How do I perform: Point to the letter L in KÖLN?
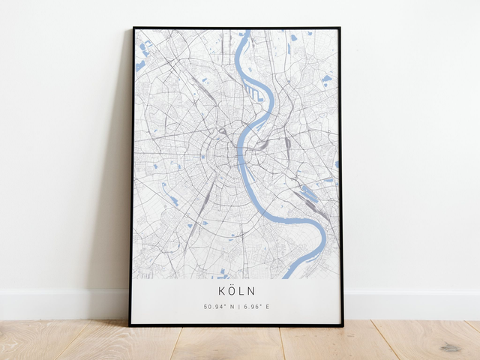coord(243,290)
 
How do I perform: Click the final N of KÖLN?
coord(252,290)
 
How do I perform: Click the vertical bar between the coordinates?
coord(238,307)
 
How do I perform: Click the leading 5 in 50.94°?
coord(205,307)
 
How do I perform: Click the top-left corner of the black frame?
coord(133,28)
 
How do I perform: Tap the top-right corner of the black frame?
coord(340,28)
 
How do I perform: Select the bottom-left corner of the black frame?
coord(130,325)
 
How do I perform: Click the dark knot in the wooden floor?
coord(451,347)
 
